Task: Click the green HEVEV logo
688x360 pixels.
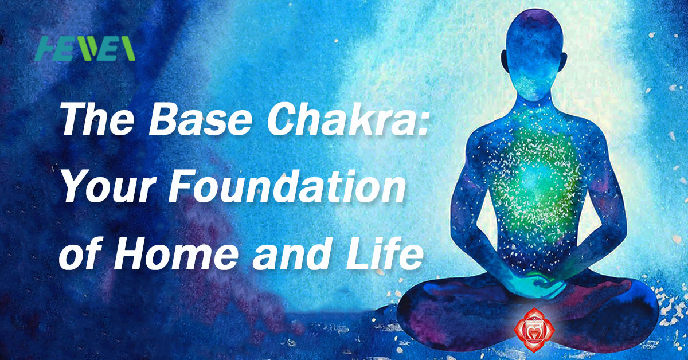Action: tap(85, 48)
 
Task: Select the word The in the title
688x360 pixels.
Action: tap(98, 120)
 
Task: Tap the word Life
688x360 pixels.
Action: tap(384, 254)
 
